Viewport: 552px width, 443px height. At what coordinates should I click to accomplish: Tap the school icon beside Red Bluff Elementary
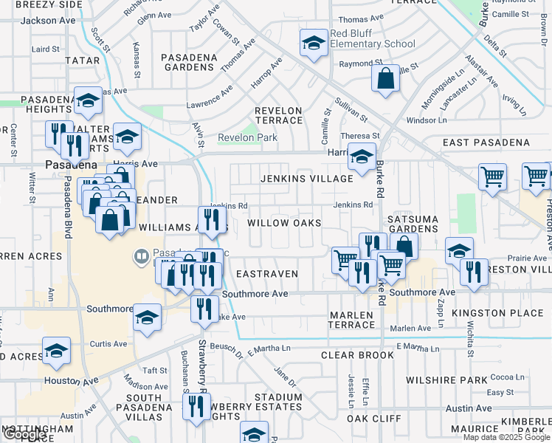[x=314, y=44]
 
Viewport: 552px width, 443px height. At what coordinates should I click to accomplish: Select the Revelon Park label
[x=247, y=137]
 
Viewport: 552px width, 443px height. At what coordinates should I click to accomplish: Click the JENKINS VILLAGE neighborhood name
[x=306, y=179]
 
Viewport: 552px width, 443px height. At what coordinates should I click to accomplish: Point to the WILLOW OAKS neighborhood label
[x=284, y=223]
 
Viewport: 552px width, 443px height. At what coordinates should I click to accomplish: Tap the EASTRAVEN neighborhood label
[x=266, y=274]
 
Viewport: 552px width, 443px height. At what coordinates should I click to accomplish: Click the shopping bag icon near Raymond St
[x=386, y=78]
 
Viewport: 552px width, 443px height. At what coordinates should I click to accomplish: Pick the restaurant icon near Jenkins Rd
[x=211, y=219]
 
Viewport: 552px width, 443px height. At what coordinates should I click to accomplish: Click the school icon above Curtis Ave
[x=56, y=352]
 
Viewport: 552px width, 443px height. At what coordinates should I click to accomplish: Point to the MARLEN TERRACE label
[x=351, y=320]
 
